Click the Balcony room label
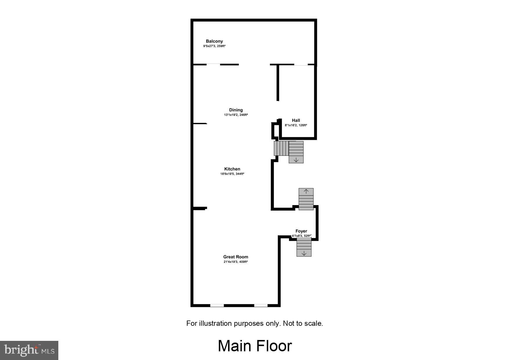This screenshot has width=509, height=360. point(214,41)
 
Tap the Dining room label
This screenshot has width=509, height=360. point(236,110)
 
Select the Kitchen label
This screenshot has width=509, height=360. point(232,169)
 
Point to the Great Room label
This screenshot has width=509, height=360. point(236,257)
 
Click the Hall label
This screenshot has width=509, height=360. point(296,120)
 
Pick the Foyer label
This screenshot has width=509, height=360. point(301,231)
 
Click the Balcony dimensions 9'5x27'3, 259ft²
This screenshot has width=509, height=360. point(214,46)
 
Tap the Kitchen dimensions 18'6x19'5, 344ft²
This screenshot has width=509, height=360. point(232,174)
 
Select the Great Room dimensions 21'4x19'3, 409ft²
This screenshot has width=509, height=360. point(236,262)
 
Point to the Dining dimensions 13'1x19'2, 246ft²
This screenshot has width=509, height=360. point(236,115)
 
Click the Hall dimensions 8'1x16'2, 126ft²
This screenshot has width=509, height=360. point(296,125)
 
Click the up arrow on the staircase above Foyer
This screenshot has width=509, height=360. point(306,191)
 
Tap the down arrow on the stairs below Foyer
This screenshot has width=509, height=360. point(304,253)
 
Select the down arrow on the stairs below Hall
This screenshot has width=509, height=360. point(296,160)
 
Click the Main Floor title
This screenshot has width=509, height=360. point(255,346)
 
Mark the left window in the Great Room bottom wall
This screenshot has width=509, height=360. point(217,305)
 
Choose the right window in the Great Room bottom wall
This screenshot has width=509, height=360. point(261,305)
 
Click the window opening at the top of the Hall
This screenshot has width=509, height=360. point(301,64)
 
